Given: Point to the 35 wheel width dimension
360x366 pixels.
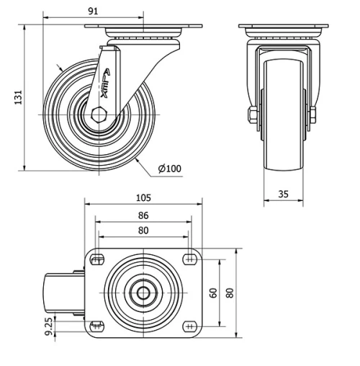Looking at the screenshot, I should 284,193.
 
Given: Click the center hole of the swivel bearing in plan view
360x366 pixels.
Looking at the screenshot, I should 143,293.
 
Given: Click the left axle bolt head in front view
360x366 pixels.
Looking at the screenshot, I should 252,115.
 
